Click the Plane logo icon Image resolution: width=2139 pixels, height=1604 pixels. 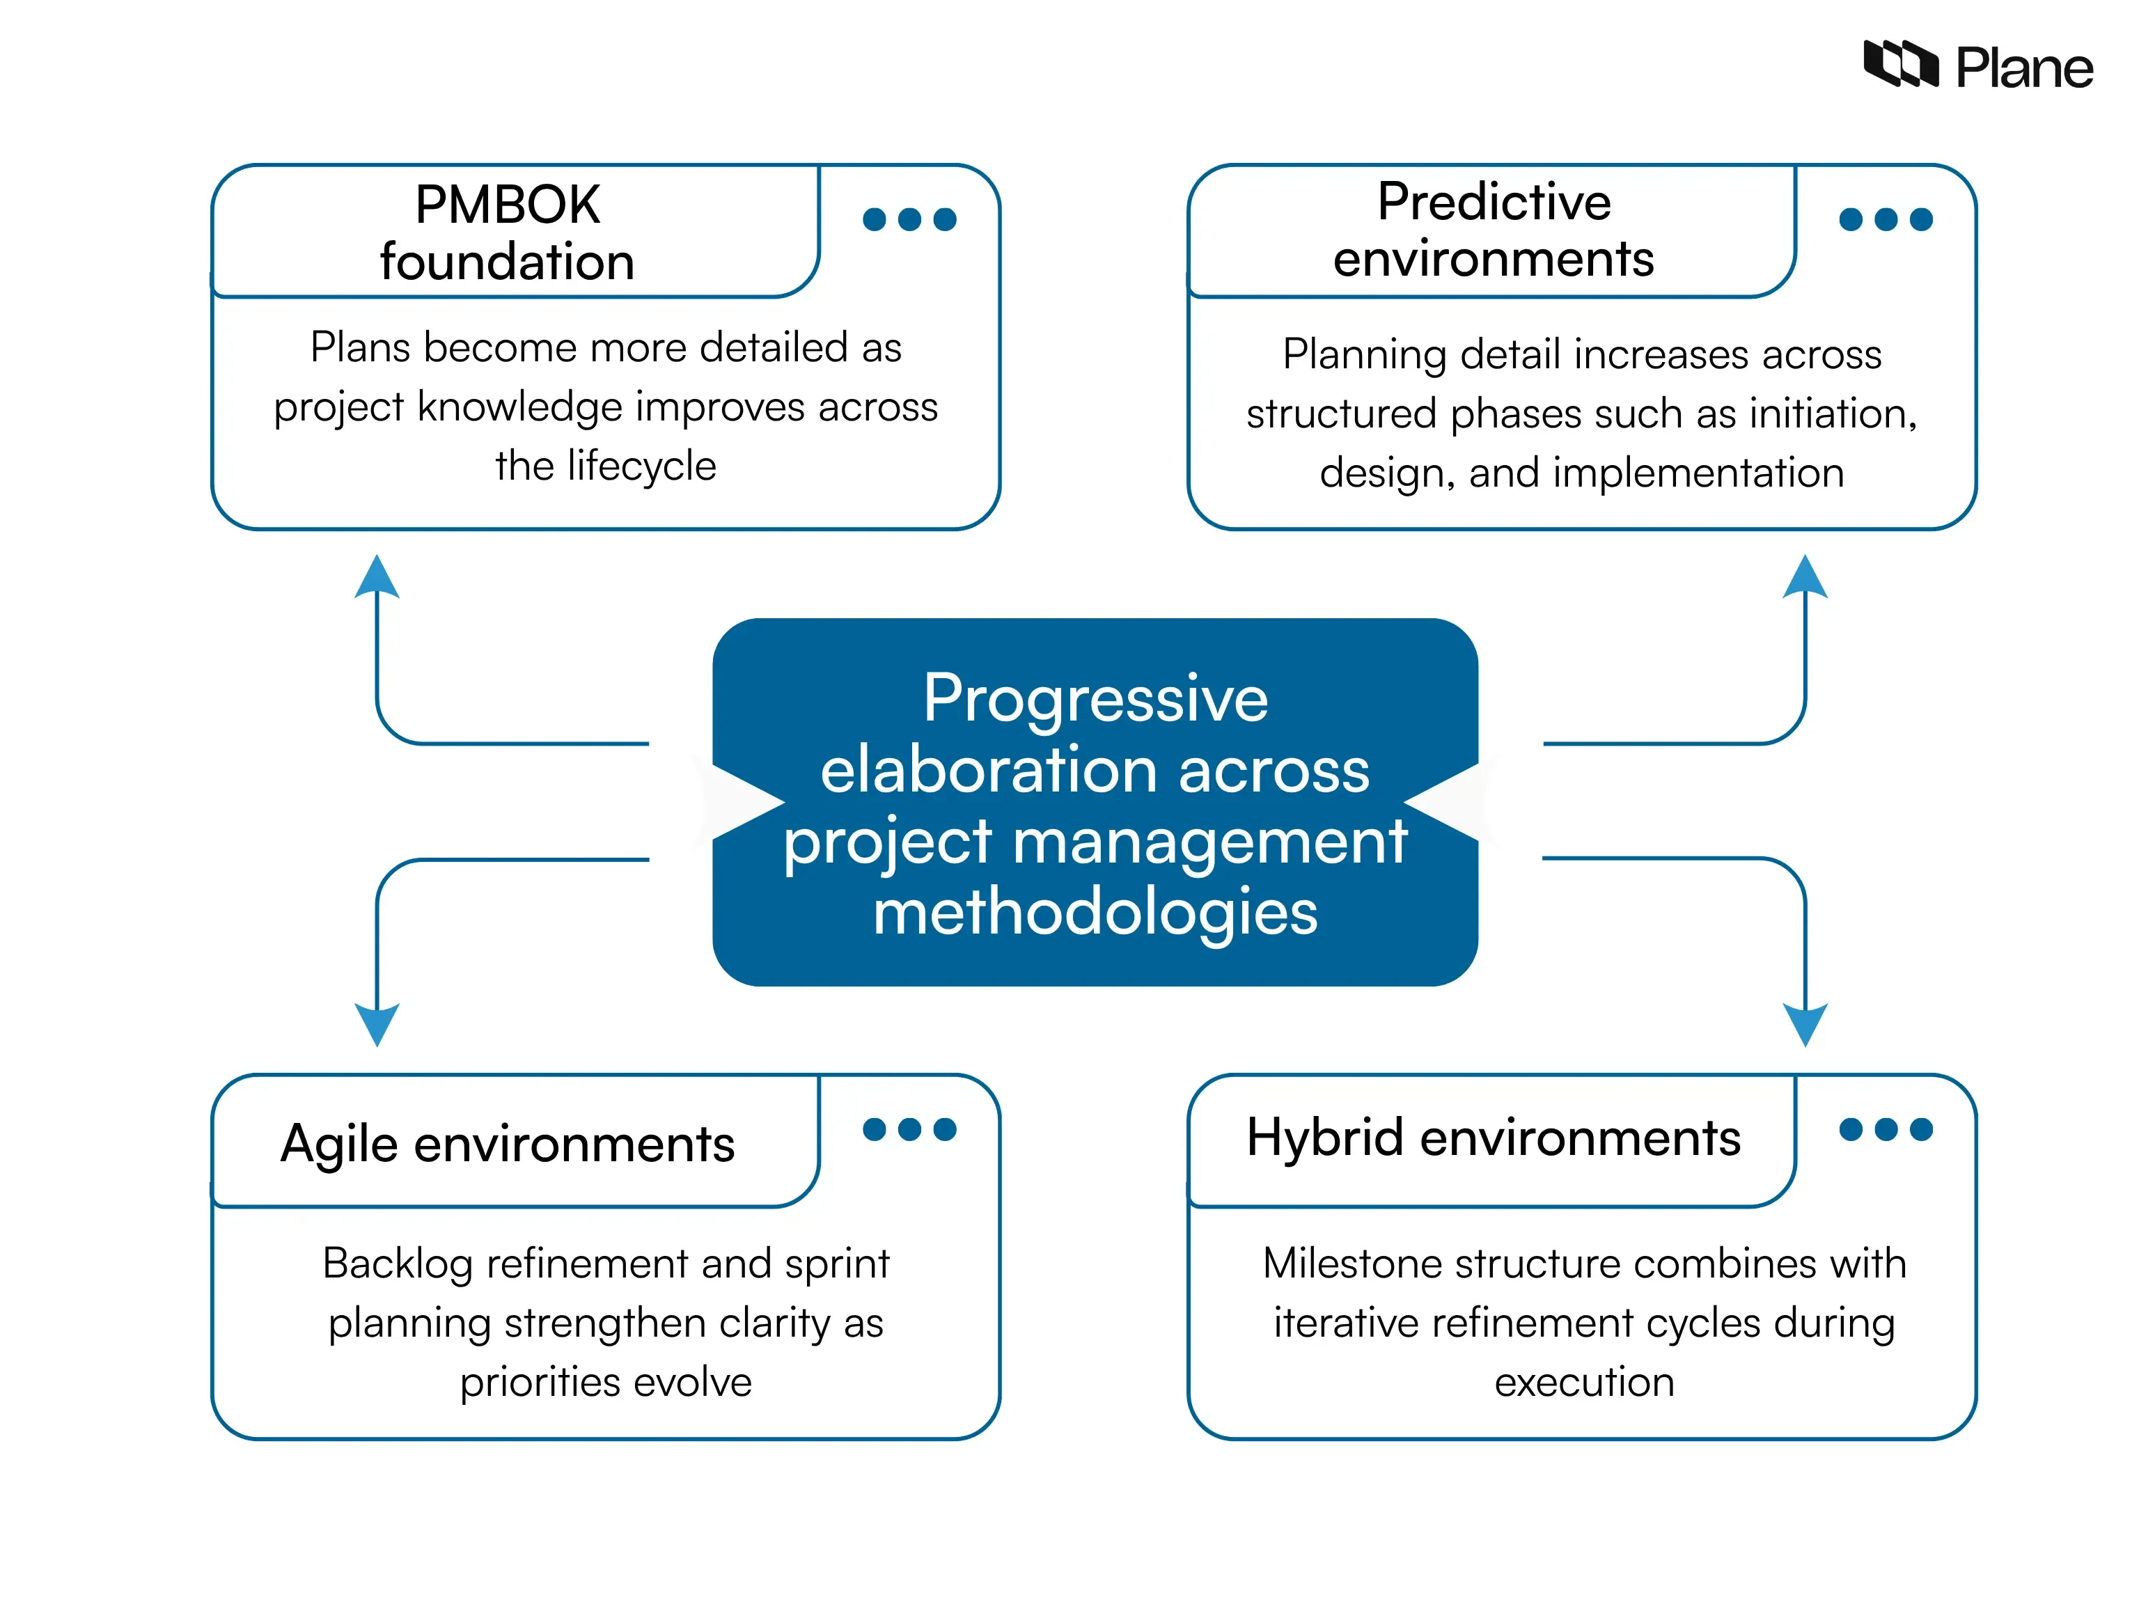pyautogui.click(x=1899, y=65)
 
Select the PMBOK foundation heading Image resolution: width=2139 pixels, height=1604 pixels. pyautogui.click(x=507, y=233)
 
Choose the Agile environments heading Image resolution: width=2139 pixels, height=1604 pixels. pyautogui.click(x=507, y=1144)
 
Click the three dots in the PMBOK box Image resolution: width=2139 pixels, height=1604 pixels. pyautogui.click(x=909, y=219)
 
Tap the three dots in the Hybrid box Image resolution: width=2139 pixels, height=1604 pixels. pyautogui.click(x=1885, y=1129)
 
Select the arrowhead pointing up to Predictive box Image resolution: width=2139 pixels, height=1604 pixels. pyautogui.click(x=1804, y=577)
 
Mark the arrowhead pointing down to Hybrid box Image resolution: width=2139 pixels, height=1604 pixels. pyautogui.click(x=1804, y=1023)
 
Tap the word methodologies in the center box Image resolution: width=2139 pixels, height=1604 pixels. pyautogui.click(x=1095, y=912)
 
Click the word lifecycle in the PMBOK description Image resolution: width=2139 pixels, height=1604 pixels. pyautogui.click(x=641, y=466)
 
